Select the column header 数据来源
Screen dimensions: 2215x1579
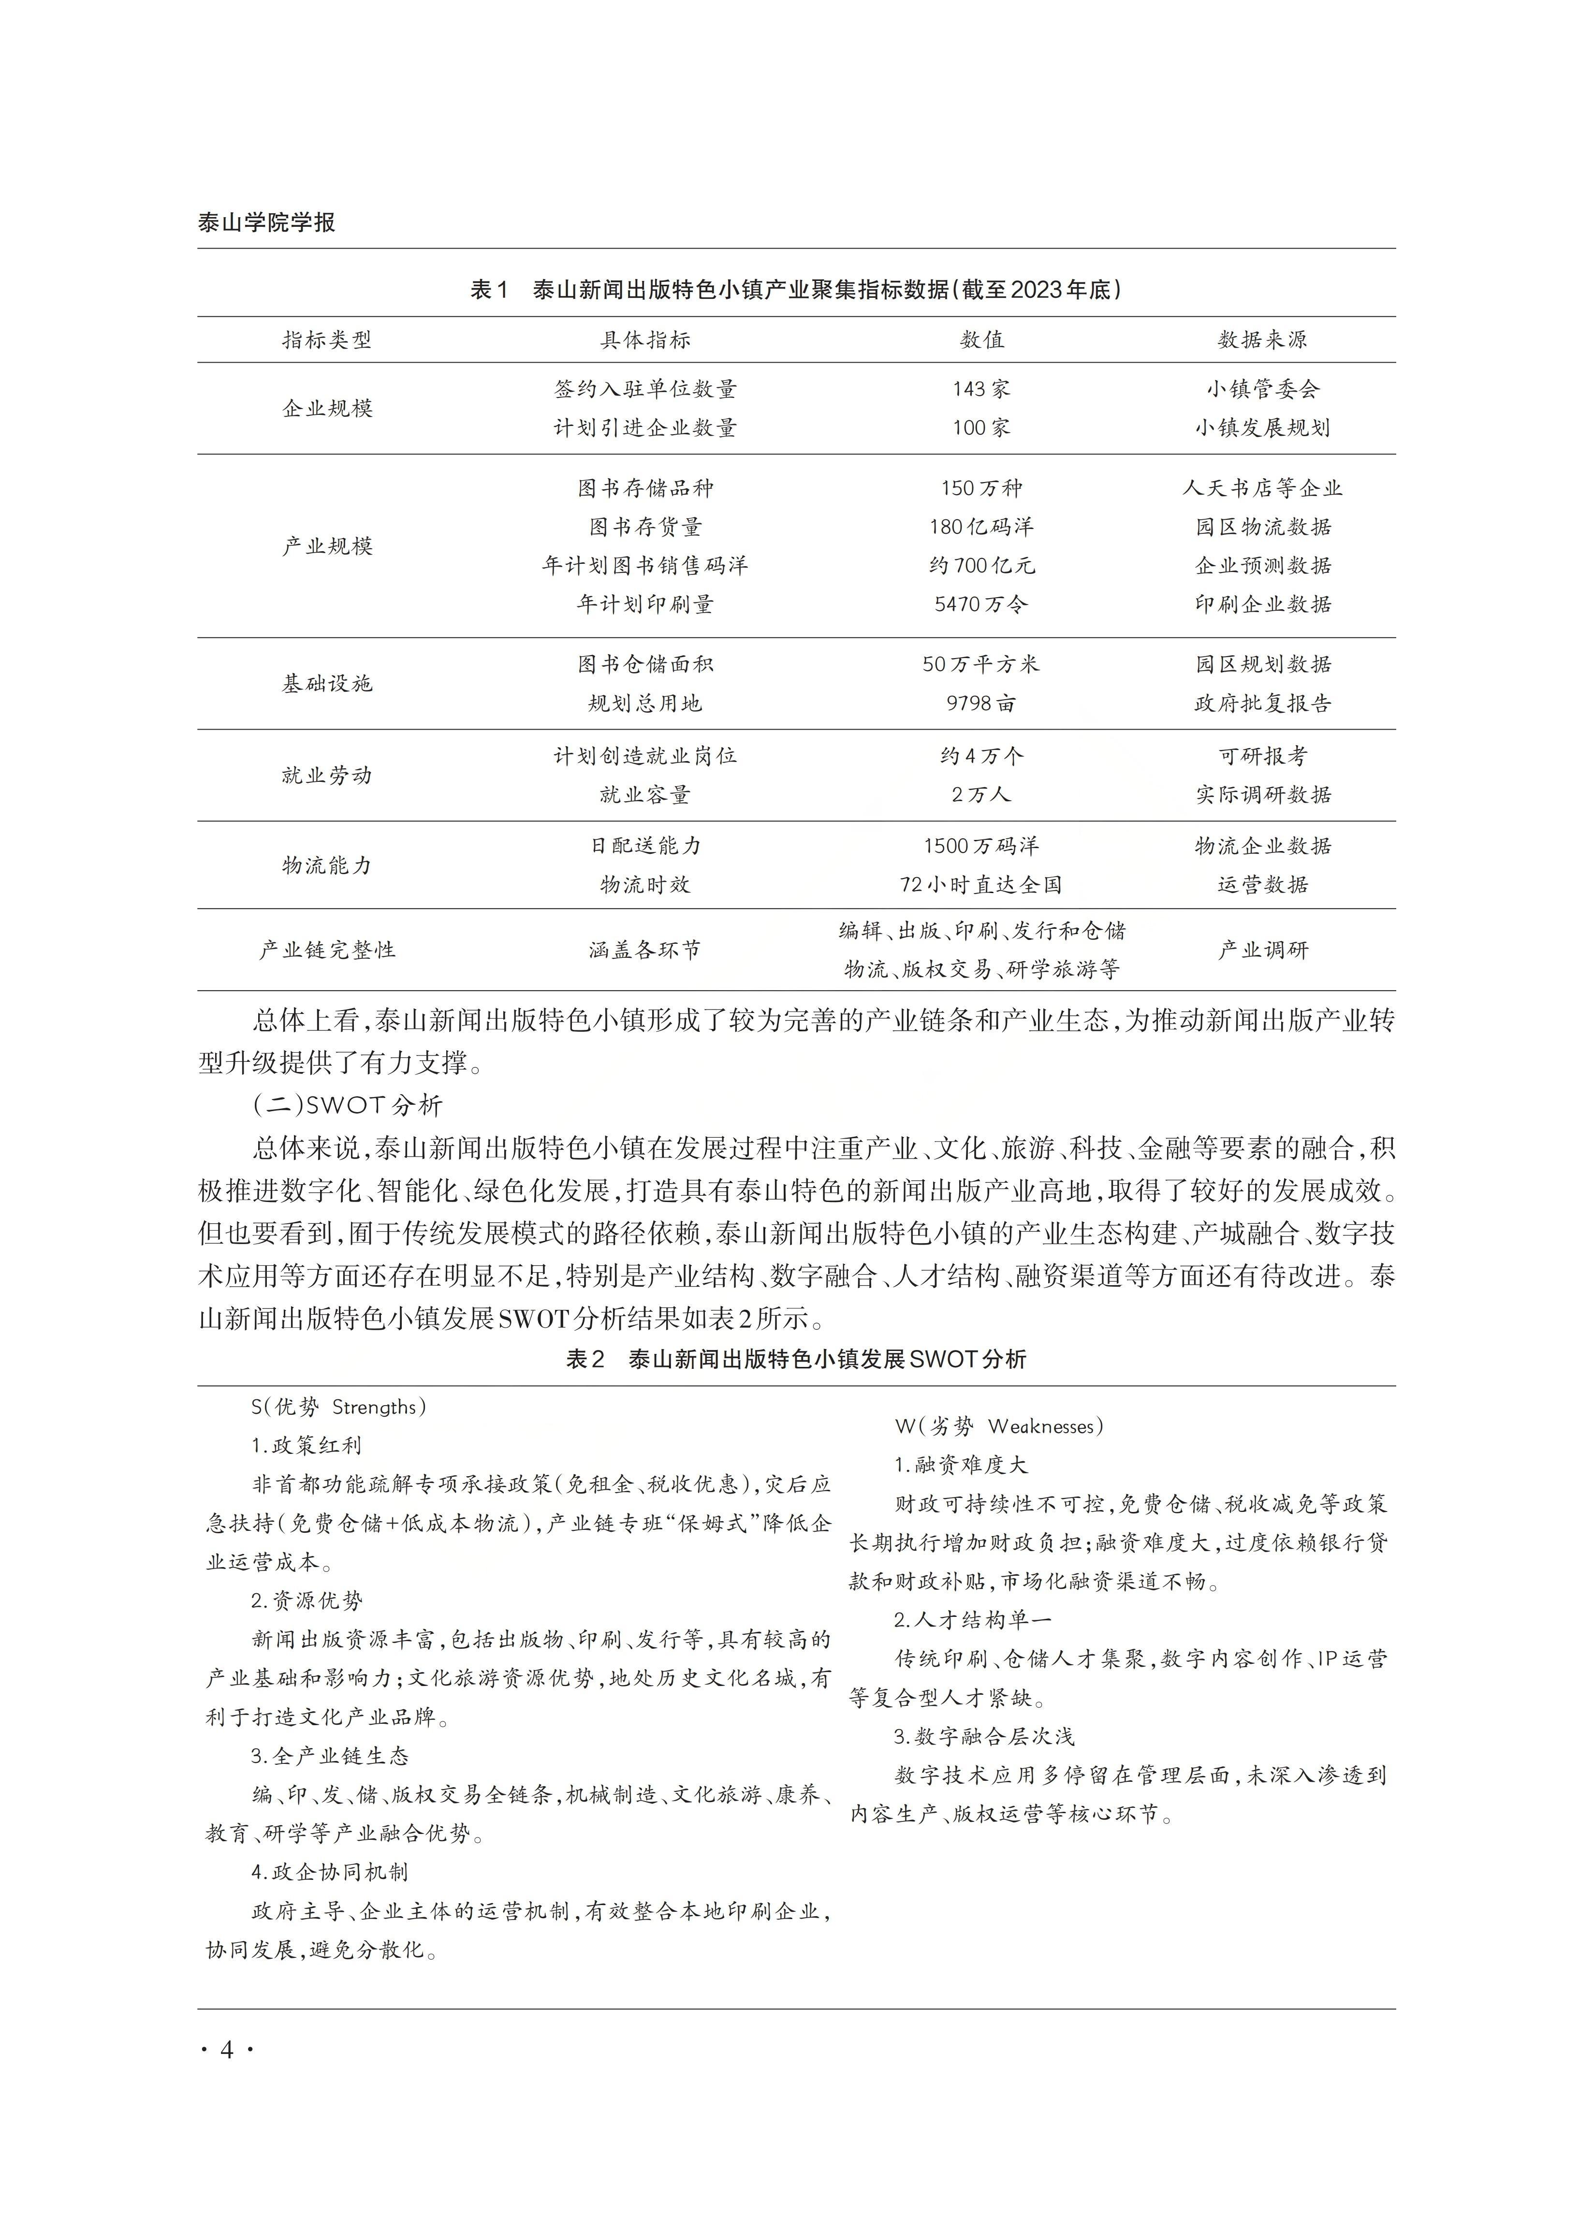click(1262, 339)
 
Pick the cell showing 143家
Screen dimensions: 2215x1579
click(981, 389)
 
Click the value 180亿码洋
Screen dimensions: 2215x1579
click(981, 527)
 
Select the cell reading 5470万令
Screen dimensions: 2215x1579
click(981, 604)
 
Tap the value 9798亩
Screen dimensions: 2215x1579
click(981, 703)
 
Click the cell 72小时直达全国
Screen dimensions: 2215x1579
click(981, 885)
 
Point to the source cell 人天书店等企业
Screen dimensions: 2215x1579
click(1262, 488)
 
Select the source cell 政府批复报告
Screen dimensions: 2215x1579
click(1262, 703)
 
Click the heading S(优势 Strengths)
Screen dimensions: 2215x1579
click(338, 1407)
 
